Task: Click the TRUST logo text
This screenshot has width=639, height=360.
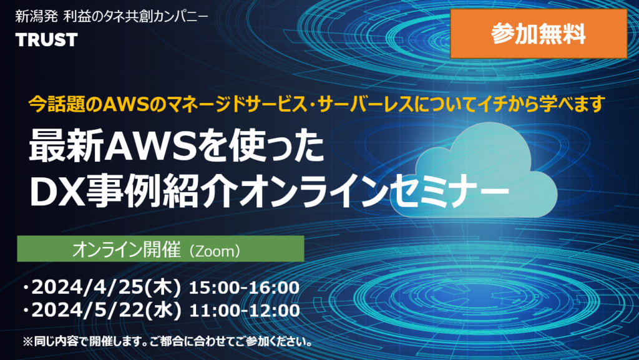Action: (x=46, y=40)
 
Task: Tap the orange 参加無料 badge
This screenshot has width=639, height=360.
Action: (x=539, y=34)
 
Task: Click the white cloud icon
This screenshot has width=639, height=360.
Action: (x=484, y=170)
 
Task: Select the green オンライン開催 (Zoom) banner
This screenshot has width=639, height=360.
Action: (x=160, y=249)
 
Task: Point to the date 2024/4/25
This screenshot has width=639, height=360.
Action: (x=87, y=288)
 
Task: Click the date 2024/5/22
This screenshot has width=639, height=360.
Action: (x=87, y=310)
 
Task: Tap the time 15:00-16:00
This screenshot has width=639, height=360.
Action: (x=244, y=288)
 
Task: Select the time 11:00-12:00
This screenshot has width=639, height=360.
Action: (x=245, y=310)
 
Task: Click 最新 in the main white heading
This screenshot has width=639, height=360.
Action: (x=65, y=147)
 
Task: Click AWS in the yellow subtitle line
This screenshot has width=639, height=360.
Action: (x=125, y=105)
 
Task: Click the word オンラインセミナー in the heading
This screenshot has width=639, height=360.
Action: (x=374, y=192)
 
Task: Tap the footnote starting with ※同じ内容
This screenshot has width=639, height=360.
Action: (x=167, y=341)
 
